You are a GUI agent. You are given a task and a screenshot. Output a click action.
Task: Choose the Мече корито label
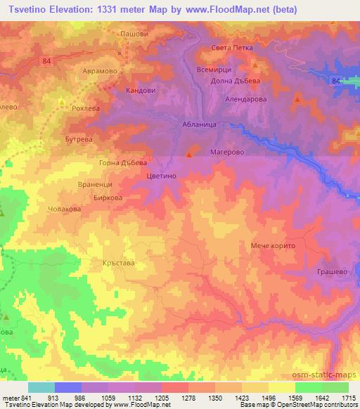pos(275,246)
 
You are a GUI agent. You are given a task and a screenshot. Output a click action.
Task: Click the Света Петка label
pos(231,48)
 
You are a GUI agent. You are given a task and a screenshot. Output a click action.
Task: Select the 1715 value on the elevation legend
pos(348,398)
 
